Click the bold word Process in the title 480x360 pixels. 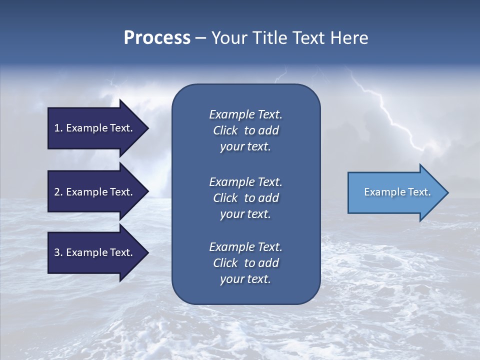point(157,38)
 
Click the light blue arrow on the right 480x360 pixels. point(395,192)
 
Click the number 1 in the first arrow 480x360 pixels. point(57,128)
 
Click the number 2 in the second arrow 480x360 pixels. point(57,192)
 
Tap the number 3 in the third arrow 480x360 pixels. point(57,253)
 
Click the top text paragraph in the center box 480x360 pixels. point(245,130)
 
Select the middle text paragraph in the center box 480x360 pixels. point(245,198)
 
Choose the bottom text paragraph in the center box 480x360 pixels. point(245,263)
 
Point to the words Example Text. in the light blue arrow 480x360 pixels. point(397,192)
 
